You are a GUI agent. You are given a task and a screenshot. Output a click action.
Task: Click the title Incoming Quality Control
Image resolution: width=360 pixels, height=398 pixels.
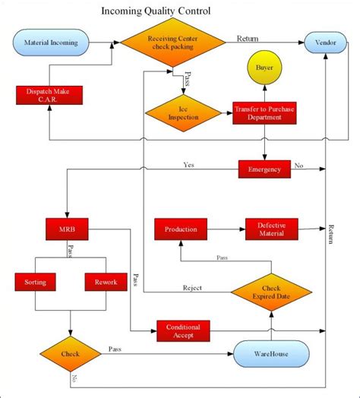coord(156,11)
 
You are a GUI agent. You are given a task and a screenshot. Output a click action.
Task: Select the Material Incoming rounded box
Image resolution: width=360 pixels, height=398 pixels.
coord(50,43)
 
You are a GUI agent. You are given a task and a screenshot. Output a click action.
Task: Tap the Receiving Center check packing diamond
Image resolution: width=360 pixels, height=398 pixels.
coord(174,43)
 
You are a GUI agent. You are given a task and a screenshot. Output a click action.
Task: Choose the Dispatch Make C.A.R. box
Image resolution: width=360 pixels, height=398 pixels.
coord(49,96)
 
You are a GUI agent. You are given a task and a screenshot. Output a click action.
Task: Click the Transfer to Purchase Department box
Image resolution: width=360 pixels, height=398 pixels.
coord(264,114)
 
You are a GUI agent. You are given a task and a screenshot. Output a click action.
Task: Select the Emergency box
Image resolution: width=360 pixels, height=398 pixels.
coord(264,169)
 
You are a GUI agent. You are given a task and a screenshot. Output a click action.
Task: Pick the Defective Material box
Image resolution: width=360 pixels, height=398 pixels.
coord(272,229)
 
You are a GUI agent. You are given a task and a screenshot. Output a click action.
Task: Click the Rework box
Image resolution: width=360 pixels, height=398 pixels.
coord(106,282)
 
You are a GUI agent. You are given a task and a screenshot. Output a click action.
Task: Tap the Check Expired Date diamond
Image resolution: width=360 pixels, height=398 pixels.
coord(271,292)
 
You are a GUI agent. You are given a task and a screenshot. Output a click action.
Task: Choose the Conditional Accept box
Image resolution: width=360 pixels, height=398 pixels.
coord(183,331)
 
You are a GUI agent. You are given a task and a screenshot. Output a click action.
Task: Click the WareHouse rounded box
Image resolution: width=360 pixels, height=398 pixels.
coord(271,354)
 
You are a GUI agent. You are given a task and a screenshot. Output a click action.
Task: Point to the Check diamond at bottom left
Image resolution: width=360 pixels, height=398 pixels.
coord(69,354)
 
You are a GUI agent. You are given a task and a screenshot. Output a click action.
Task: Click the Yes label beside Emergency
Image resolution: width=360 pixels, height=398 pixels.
coord(188,164)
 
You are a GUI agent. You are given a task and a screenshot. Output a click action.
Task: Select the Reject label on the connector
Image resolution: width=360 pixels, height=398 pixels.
coord(193,288)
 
